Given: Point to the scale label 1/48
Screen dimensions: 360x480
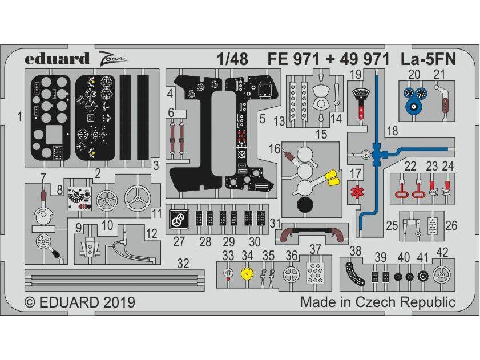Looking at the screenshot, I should (232, 59).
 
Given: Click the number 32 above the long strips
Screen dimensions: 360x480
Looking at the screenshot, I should (183, 264).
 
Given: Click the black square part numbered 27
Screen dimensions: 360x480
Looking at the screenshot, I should (179, 219).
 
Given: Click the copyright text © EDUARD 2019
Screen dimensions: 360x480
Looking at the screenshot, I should (79, 302).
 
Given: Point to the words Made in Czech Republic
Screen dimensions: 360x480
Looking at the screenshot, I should (378, 302).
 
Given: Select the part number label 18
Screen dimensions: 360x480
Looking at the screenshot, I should (393, 131).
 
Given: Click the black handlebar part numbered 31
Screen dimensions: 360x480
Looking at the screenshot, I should (310, 231).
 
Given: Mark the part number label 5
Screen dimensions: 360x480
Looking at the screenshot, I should (263, 119).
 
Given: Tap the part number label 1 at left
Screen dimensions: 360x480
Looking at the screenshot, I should (19, 118).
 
